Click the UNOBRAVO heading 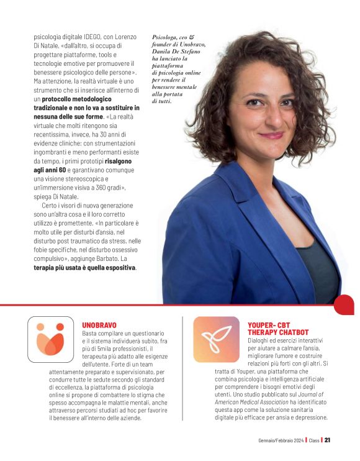coord(99,324)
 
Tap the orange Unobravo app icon coord(50,339)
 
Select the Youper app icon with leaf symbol coord(215,339)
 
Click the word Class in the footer coord(314,440)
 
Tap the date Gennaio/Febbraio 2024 coord(281,440)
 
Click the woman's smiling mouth coord(271,135)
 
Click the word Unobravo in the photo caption coord(189,45)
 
